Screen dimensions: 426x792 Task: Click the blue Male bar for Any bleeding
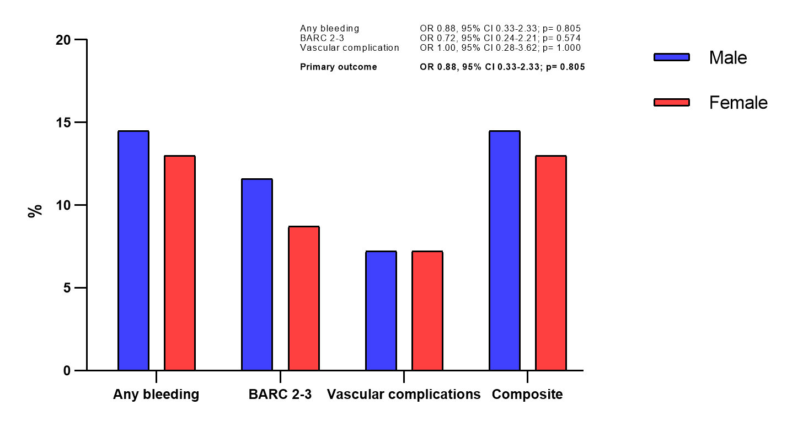pos(133,251)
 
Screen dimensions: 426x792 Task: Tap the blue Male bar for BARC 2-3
pos(257,274)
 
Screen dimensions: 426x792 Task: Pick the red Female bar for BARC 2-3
pos(304,298)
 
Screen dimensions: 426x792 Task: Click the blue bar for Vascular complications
pos(381,311)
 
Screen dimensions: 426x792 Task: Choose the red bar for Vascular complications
pos(427,311)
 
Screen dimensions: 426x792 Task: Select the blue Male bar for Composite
pos(505,251)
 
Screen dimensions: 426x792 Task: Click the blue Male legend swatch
pos(671,57)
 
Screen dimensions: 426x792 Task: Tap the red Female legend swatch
pos(671,102)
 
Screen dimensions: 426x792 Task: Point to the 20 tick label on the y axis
pos(63,40)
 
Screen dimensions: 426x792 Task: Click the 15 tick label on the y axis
pos(63,123)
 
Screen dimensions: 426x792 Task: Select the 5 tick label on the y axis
pos(67,288)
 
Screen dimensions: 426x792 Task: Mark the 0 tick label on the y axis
pos(67,371)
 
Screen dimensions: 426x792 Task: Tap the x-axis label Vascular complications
pos(404,395)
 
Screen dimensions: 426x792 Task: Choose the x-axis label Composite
pos(527,395)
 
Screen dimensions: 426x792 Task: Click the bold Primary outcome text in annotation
pos(339,67)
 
